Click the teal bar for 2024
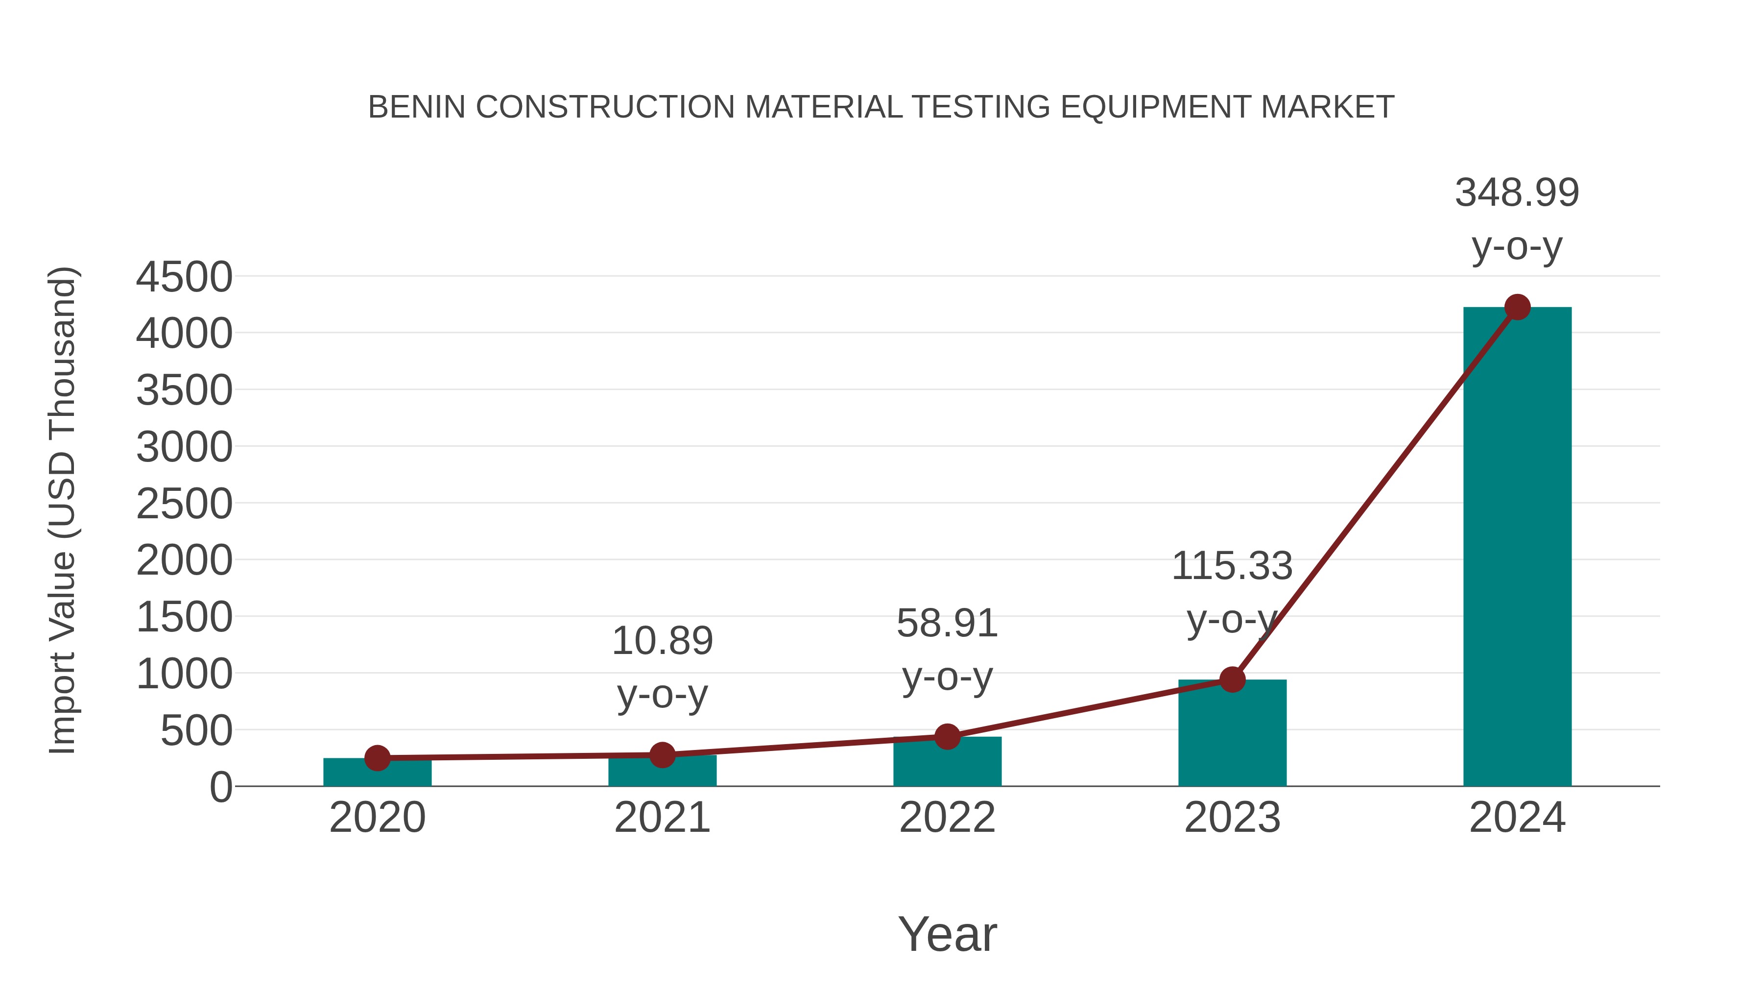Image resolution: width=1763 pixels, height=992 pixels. point(1517,548)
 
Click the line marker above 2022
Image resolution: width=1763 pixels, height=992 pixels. point(947,737)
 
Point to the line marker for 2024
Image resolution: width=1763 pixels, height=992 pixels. point(1517,307)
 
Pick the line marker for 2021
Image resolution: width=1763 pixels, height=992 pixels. point(662,755)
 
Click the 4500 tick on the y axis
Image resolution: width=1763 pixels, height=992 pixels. point(184,277)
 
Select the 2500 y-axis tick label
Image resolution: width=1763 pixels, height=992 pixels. point(184,505)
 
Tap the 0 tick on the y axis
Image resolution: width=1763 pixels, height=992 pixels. point(220,787)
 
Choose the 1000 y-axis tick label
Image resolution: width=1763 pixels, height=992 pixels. point(184,675)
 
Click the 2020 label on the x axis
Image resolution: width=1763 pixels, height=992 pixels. point(377,818)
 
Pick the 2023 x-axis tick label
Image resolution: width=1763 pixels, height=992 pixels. point(1232,818)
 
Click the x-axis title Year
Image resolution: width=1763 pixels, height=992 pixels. point(947,934)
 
